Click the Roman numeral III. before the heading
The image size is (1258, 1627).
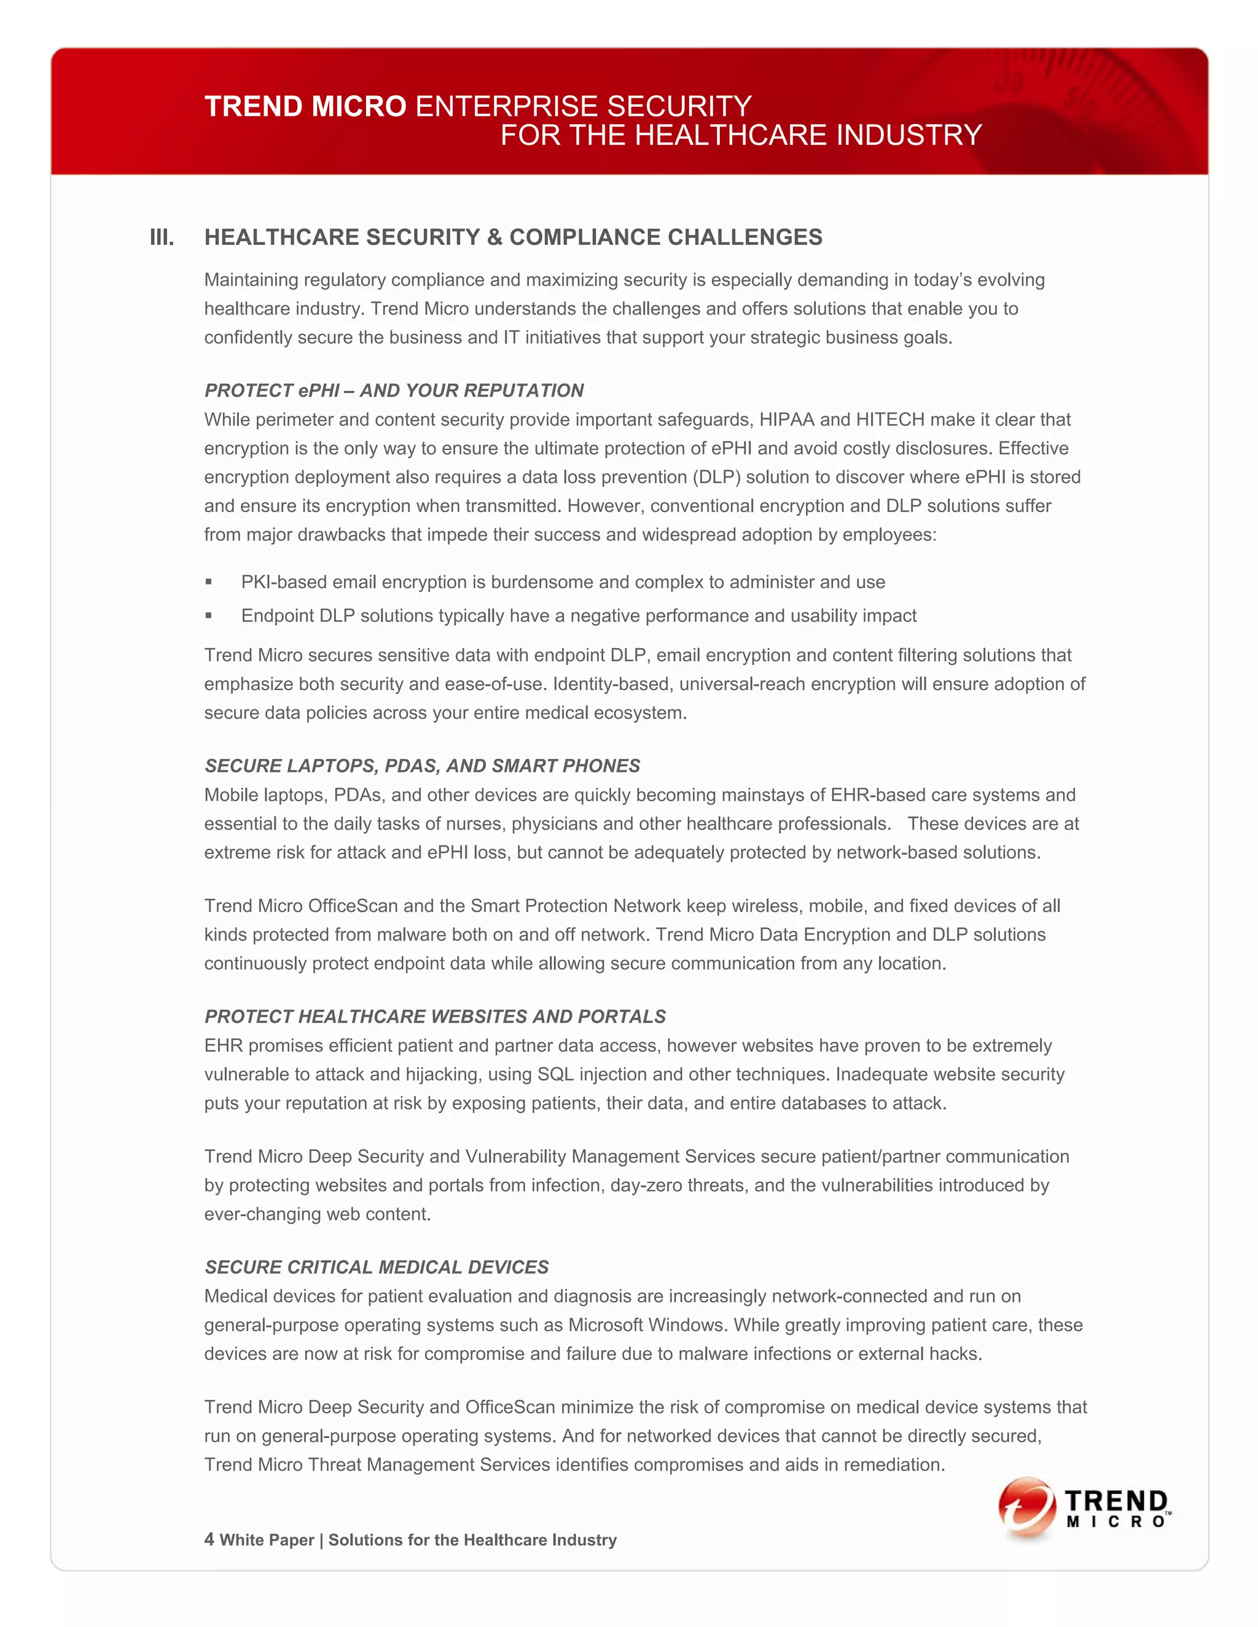[162, 238]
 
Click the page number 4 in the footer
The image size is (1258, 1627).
[209, 1539]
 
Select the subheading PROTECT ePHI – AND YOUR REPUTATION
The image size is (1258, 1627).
[394, 390]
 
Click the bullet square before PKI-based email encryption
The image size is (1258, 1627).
[209, 582]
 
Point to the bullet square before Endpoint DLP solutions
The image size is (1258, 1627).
[209, 615]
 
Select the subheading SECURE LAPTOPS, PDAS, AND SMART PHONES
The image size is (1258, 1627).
[422, 766]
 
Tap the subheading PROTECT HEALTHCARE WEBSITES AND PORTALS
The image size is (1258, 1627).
[434, 1016]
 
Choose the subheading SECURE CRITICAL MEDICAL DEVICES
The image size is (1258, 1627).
[377, 1267]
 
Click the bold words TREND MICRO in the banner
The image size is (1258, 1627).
[305, 107]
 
